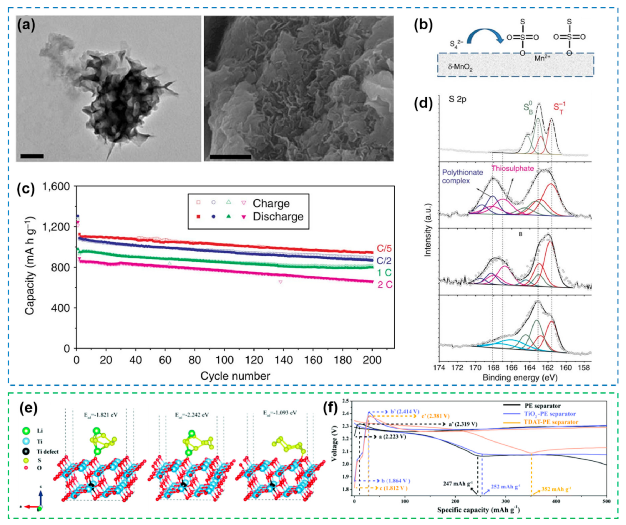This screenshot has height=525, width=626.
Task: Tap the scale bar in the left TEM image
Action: [32, 156]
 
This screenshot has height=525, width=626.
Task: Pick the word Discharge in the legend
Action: [278, 217]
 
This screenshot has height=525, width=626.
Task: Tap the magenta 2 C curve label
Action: [385, 285]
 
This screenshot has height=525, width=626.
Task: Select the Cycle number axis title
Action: [235, 376]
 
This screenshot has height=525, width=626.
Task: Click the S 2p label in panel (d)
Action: [457, 100]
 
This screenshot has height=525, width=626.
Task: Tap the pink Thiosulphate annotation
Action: [513, 169]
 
